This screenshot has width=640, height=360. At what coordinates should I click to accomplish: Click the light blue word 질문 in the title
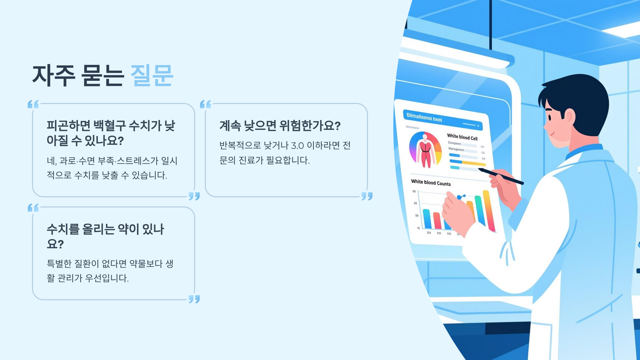pos(152,76)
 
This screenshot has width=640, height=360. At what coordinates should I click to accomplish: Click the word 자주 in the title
pos(54,76)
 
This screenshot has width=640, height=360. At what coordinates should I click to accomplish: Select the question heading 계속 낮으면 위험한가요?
pos(280,126)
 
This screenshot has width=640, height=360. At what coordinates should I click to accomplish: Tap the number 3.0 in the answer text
pos(297,146)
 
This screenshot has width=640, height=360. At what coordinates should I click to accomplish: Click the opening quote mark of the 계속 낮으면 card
pos(206,104)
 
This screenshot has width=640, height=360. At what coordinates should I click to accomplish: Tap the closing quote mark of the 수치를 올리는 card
pos(194,299)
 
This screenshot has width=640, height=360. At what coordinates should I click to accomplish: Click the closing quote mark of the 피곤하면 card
pos(194,196)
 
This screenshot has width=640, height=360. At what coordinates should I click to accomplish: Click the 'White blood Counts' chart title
pos(431,183)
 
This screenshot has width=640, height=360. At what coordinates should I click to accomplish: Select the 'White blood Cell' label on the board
pos(462,137)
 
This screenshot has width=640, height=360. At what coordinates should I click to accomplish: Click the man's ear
pos(569,117)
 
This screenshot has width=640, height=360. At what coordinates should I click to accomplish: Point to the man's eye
pos(550,117)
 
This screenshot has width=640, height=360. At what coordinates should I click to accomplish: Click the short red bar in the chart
pos(437,221)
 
